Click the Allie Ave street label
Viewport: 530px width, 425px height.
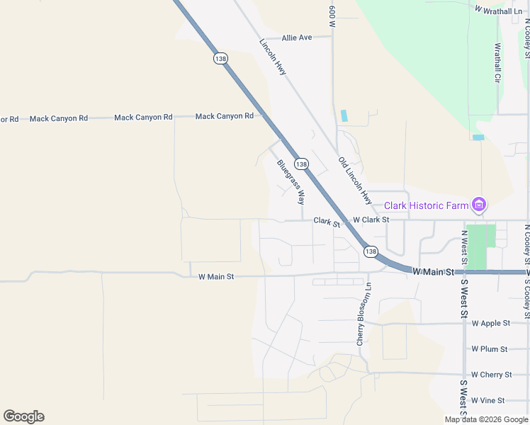coord(297,38)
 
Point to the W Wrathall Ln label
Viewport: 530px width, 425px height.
coord(499,10)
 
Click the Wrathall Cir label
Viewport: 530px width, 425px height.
coord(497,63)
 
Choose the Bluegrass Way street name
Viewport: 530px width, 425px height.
coord(291,178)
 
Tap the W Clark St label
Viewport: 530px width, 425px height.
coord(371,220)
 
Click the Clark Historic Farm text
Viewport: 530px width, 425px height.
coord(427,206)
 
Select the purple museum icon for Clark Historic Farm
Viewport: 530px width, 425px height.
coord(479,205)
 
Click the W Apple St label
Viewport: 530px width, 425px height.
coord(490,324)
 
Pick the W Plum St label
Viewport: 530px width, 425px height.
coord(490,349)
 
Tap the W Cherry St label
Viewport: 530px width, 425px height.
coord(491,375)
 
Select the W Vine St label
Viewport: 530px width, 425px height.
coord(487,400)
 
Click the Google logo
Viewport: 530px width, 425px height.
coord(23,416)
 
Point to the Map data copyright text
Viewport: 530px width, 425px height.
coord(486,419)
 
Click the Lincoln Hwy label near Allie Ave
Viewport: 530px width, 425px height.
coord(273,57)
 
